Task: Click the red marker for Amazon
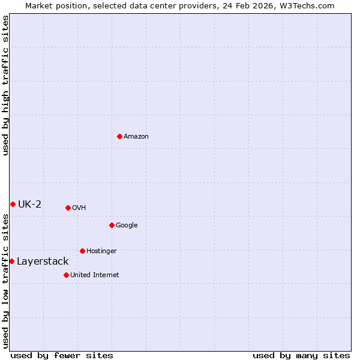119,136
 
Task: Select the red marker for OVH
68,208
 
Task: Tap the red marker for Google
112,225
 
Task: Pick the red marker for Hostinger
82,251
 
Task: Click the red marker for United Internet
66,275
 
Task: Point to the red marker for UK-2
13,204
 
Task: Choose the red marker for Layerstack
11,261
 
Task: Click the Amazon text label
136,136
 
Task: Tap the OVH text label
79,208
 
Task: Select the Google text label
127,225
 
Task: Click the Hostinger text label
101,251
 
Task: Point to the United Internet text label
95,275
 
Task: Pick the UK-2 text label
29,204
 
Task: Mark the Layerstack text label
43,261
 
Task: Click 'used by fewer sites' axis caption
62,355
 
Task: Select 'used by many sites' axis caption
301,355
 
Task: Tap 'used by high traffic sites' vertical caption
5,86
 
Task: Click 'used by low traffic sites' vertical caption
5,281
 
